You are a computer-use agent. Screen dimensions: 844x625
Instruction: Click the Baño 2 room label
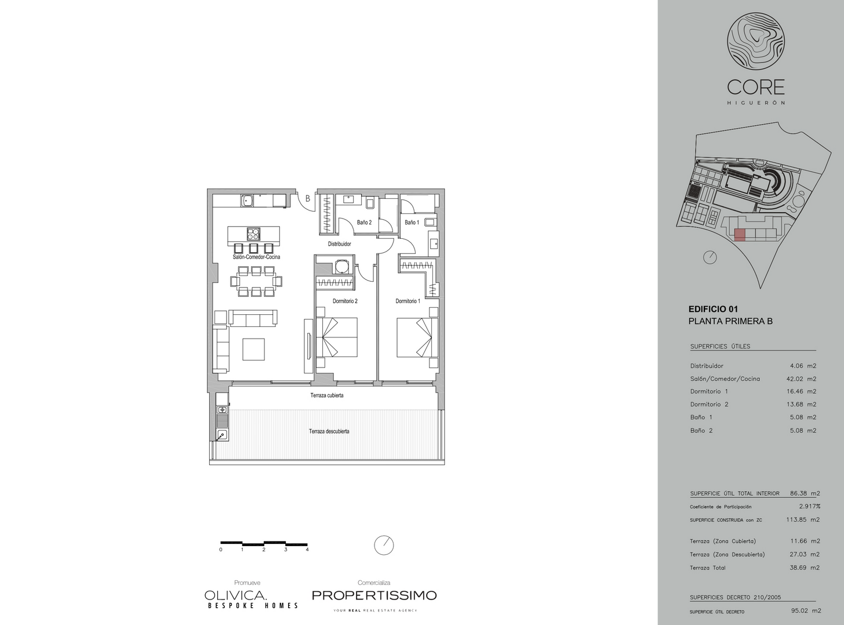pos(364,222)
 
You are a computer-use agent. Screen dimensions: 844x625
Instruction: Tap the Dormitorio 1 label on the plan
pos(408,301)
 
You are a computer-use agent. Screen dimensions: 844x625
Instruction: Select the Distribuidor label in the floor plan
pos(340,244)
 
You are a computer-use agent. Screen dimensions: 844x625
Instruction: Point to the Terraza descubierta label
pos(329,431)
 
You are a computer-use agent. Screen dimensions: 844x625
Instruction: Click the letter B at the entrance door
pos(308,198)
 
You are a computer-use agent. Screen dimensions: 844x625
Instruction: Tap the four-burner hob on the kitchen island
pos(253,232)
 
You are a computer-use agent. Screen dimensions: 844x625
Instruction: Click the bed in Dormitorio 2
pos(337,337)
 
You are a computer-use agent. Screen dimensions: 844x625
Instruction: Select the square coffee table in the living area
pos(254,350)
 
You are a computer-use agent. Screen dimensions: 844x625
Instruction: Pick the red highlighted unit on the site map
pos(739,235)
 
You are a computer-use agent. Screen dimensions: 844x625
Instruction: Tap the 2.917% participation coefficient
pos(809,506)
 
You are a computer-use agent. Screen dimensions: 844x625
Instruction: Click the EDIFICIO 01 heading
pos(713,309)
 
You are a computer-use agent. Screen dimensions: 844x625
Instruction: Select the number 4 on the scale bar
pos(307,550)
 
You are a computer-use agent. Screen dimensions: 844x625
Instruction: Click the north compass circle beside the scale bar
pos(384,546)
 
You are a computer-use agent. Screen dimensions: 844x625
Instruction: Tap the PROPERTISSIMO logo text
pos(374,595)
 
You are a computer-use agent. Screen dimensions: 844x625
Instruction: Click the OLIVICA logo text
pos(235,595)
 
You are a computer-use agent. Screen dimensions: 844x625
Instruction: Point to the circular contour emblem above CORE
pos(756,41)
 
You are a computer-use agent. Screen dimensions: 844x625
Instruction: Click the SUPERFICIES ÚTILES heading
pos(720,346)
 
